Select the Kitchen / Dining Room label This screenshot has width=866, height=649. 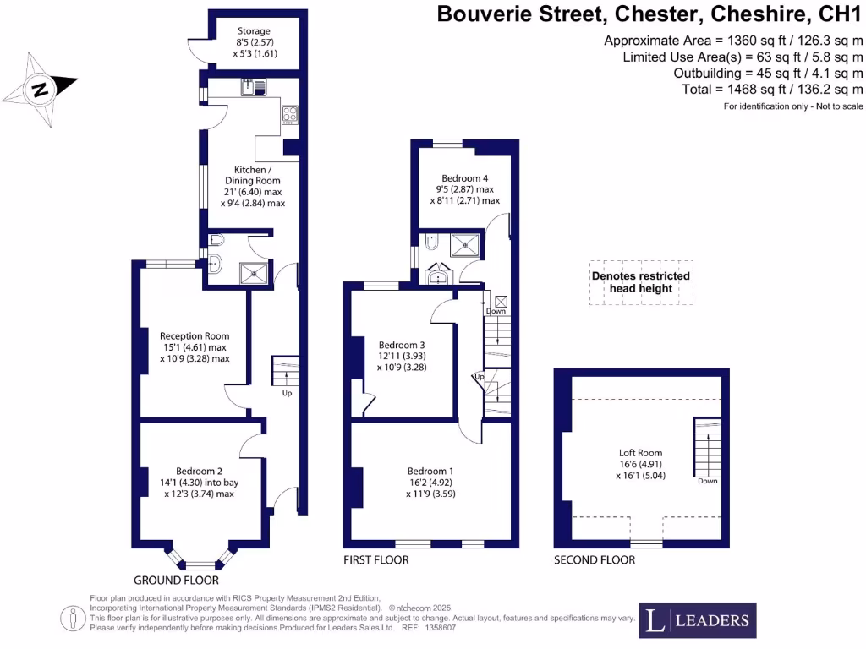252,186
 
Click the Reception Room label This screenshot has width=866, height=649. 195,346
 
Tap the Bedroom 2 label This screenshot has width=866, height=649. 199,482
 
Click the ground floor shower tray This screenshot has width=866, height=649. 252,272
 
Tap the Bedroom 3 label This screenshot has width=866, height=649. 402,356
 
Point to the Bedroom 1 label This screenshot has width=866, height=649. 430,482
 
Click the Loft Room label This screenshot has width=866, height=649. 639,463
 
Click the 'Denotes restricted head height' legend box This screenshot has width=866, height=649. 641,282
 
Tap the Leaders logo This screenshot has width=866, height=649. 697,621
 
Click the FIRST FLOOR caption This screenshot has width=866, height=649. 375,560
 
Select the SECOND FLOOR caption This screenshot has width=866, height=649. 594,560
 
